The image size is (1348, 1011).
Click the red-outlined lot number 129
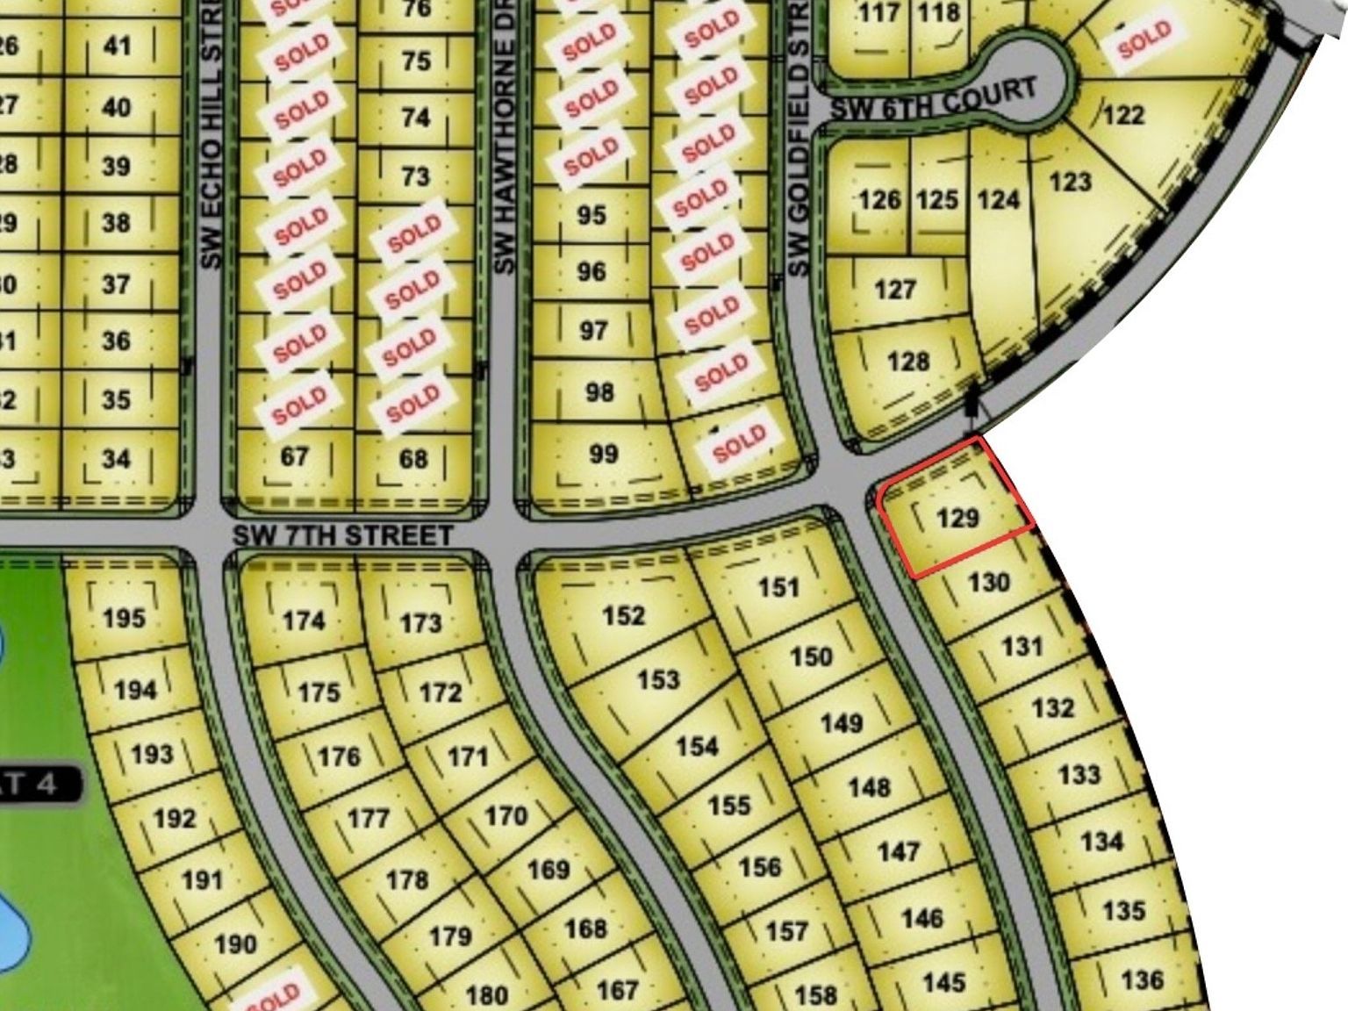click(x=957, y=517)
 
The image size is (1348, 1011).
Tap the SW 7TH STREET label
click(x=343, y=534)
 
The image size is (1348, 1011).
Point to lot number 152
click(x=624, y=615)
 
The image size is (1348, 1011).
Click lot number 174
click(x=304, y=620)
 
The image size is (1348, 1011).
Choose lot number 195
click(x=124, y=617)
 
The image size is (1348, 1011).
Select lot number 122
click(x=1124, y=114)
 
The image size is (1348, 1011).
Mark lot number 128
click(x=908, y=361)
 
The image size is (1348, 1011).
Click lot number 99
click(x=604, y=454)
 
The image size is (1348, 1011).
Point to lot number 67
click(x=295, y=456)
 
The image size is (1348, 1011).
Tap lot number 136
click(x=1142, y=979)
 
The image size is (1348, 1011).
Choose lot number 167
click(x=617, y=990)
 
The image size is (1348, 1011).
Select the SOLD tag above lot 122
click(x=1144, y=40)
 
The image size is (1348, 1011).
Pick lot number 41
click(x=118, y=46)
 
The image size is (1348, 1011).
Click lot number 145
click(x=943, y=982)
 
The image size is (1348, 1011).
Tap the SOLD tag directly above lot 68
click(x=412, y=404)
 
